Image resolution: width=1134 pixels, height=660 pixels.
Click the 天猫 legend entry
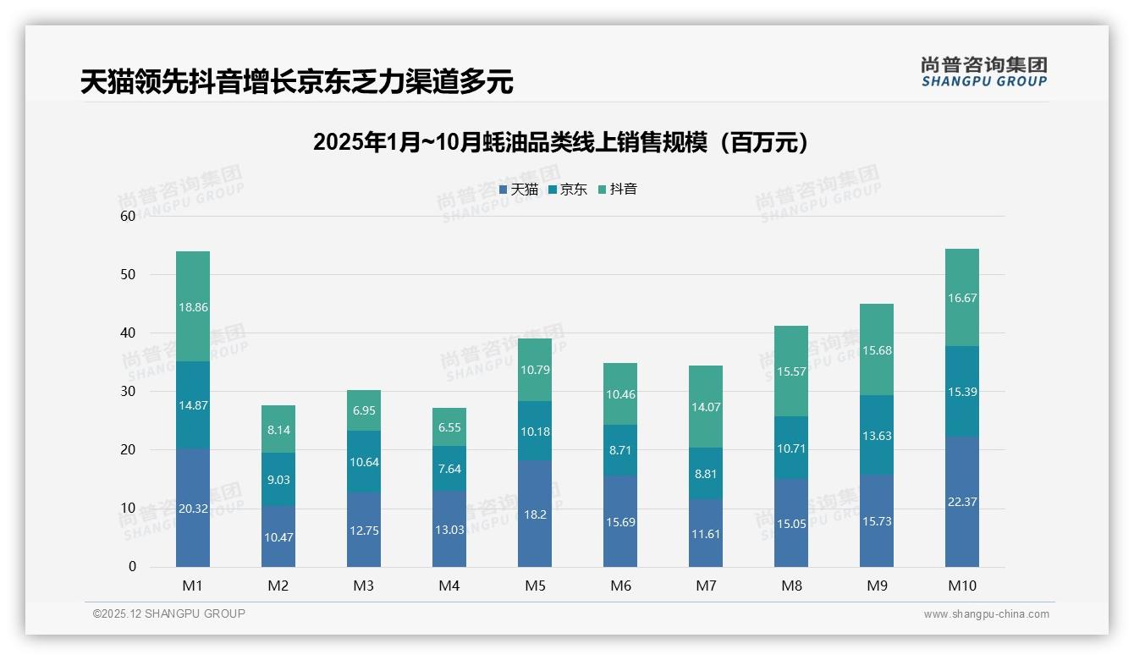point(519,190)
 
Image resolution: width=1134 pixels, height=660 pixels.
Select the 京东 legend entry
point(568,190)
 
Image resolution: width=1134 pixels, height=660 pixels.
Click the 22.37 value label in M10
point(961,502)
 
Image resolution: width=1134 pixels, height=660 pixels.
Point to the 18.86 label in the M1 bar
point(193,307)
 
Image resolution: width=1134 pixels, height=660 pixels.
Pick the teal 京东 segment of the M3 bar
point(364,462)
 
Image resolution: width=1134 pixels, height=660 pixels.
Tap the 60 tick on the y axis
point(128,216)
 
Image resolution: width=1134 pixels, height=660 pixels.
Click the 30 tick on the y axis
point(128,391)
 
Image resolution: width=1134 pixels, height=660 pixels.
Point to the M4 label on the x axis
point(449,586)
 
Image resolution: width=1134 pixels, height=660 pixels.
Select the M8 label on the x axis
point(791,586)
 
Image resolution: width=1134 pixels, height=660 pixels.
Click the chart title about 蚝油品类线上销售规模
point(560,142)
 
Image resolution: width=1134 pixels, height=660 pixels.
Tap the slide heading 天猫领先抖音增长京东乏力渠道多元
point(296,82)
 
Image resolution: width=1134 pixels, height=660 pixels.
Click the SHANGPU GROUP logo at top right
point(984,72)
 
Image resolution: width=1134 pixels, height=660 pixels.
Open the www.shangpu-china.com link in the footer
point(986,614)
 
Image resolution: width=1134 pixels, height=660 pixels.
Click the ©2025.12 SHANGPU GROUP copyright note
point(169,614)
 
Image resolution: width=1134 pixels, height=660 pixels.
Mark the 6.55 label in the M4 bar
point(449,427)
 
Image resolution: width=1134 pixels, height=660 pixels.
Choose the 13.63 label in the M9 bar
point(877,436)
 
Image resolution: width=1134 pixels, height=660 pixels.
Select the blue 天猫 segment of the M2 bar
point(278,536)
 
